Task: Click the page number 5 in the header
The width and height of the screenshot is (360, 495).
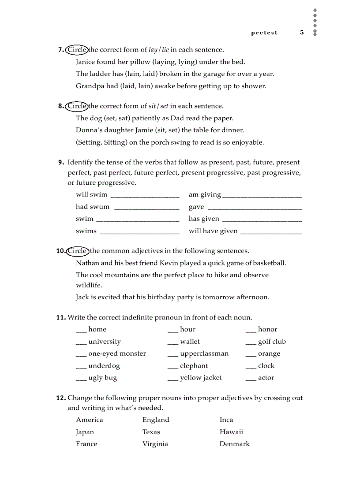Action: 302,33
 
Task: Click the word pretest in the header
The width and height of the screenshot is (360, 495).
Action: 264,33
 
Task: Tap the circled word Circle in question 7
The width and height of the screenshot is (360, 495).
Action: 77,50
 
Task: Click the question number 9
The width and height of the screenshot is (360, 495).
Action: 61,163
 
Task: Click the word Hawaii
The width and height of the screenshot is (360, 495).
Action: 231,432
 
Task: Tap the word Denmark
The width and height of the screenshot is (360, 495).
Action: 234,444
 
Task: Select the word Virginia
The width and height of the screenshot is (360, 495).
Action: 155,444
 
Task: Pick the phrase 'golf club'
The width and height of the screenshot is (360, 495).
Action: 272,342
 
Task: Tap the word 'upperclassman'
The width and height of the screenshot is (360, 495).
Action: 204,354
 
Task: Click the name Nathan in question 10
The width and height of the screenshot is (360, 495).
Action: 87,263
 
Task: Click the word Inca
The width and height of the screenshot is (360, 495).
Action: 226,420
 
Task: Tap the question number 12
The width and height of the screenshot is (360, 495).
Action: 60,398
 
